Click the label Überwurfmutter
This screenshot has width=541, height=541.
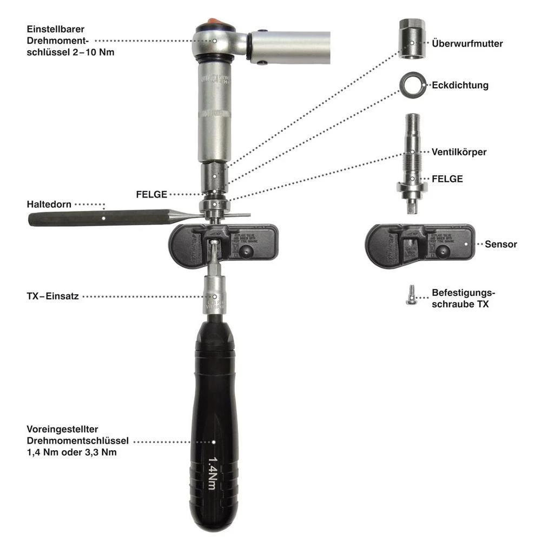point(467,44)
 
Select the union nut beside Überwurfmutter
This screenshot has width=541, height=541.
point(412,39)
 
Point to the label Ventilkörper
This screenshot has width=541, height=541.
point(459,152)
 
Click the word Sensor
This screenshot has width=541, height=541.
point(500,245)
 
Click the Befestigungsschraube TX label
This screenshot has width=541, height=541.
point(463,299)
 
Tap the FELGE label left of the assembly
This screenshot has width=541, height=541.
point(151,194)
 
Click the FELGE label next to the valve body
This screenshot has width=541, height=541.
point(447,179)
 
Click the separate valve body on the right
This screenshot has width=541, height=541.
point(412,162)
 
